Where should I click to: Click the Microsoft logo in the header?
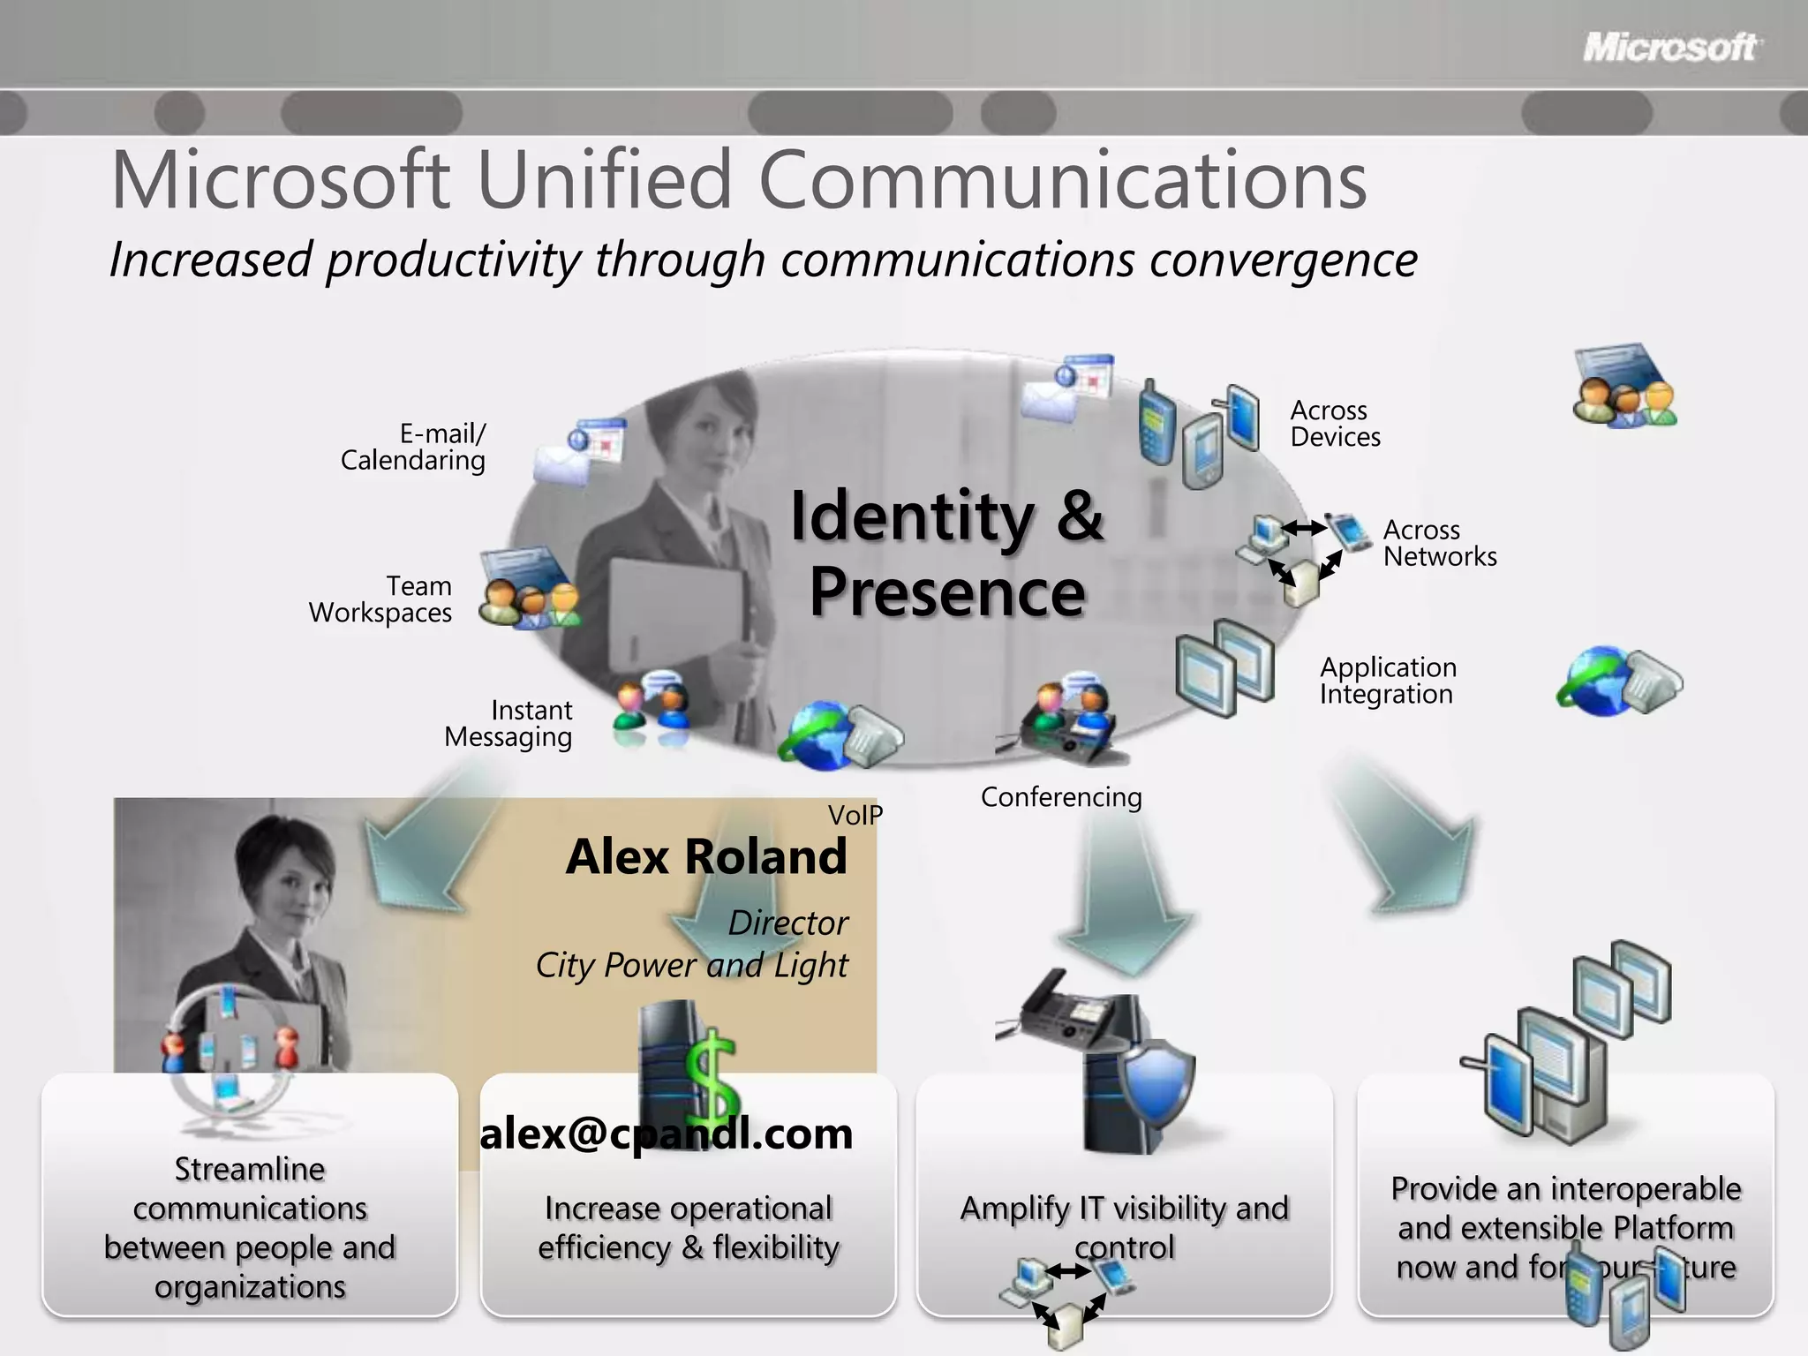click(1670, 48)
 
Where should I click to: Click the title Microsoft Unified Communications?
click(739, 181)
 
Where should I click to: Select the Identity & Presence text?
click(946, 554)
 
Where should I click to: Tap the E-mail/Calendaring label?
click(413, 447)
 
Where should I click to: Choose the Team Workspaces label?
click(380, 599)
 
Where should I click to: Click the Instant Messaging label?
click(508, 724)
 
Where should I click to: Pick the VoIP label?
click(855, 815)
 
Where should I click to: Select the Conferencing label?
click(1061, 797)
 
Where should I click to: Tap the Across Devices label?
click(1335, 424)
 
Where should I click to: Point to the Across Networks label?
click(1439, 543)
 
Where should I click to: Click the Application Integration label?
click(1388, 681)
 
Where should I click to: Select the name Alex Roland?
click(706, 856)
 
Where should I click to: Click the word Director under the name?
click(787, 923)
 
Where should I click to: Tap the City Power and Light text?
click(691, 965)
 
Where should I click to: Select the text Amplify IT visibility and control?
click(1124, 1226)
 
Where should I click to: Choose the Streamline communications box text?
click(250, 1228)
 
